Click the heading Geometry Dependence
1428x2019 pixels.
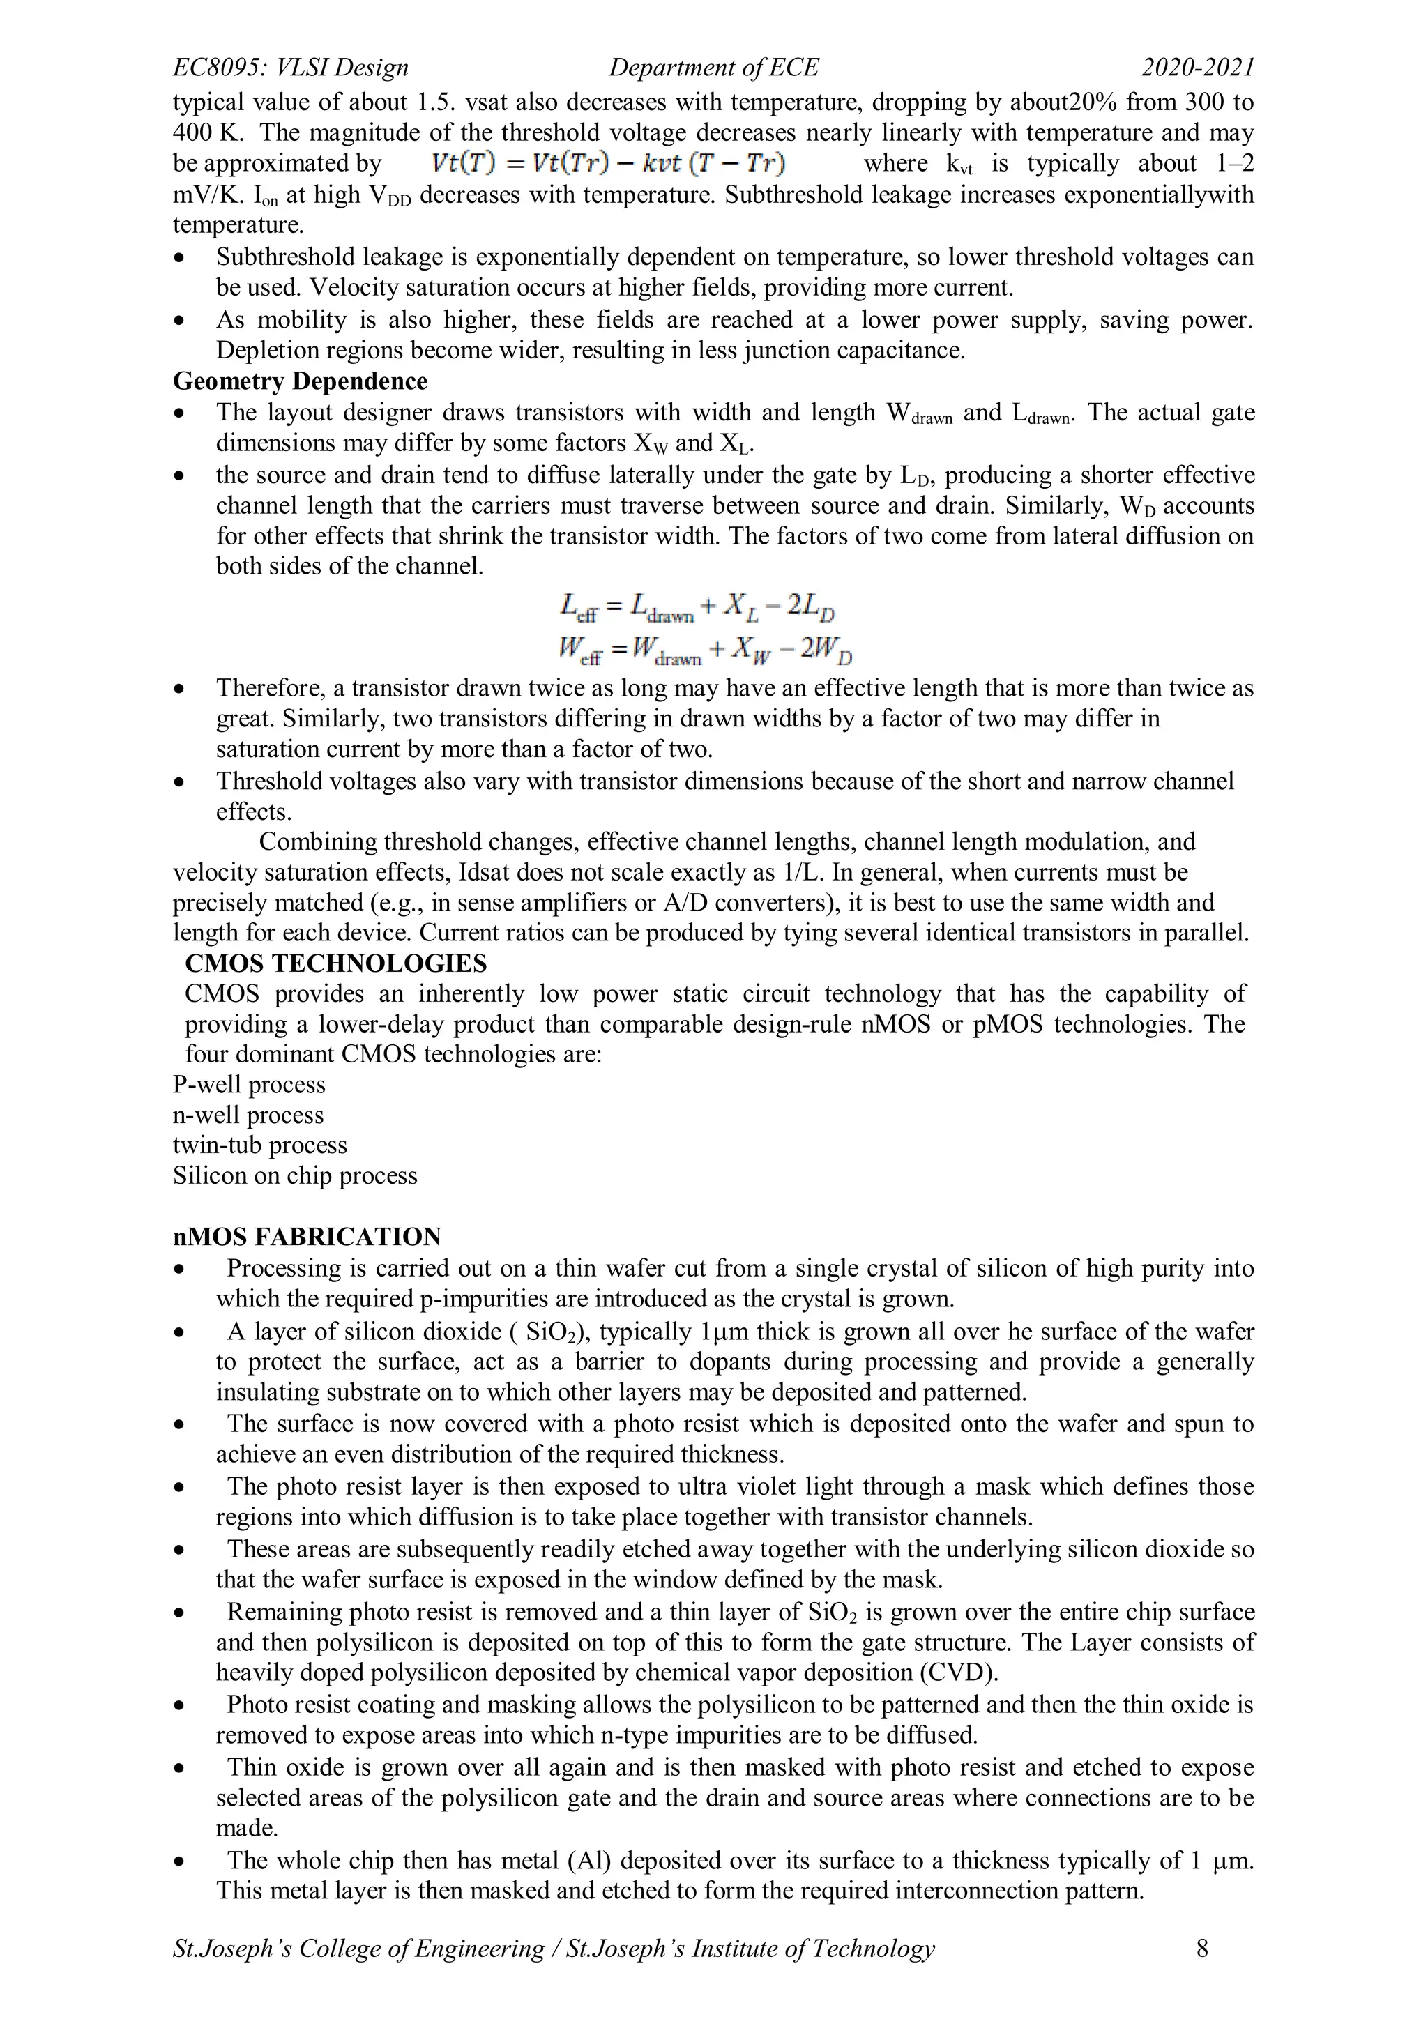click(300, 381)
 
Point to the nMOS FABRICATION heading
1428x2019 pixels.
click(307, 1236)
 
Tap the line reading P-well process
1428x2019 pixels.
click(249, 1084)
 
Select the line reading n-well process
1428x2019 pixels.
click(248, 1115)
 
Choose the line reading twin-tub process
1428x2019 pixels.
click(259, 1145)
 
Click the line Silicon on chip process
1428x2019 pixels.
click(294, 1175)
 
